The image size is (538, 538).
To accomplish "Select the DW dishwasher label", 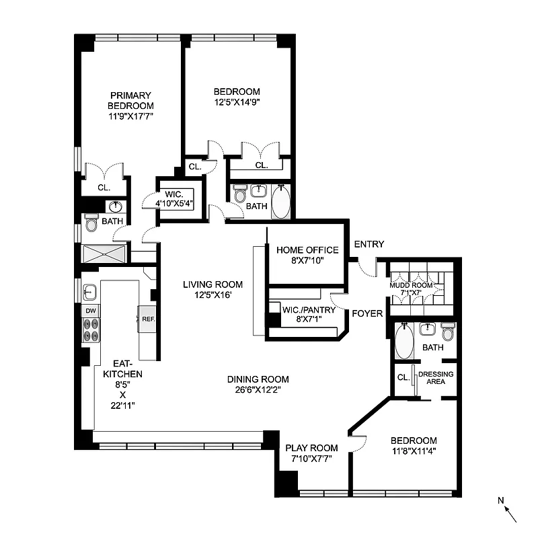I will pyautogui.click(x=89, y=311).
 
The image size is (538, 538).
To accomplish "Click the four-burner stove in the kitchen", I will pyautogui.click(x=91, y=330).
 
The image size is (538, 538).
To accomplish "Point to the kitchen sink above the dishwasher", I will pyautogui.click(x=90, y=293).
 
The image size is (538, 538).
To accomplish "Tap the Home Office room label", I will pyautogui.click(x=307, y=250).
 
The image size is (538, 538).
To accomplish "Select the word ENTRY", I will pyautogui.click(x=369, y=244).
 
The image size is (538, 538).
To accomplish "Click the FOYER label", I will pyautogui.click(x=367, y=313).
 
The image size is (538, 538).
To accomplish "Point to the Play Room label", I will pyautogui.click(x=311, y=449).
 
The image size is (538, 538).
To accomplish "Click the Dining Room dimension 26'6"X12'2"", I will pyautogui.click(x=258, y=389).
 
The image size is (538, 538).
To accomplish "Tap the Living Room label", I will pyautogui.click(x=213, y=284).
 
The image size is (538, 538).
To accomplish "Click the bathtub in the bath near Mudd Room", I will pyautogui.click(x=404, y=342).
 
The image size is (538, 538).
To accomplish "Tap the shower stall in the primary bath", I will pyautogui.click(x=104, y=253).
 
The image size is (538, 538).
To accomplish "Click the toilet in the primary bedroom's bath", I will pyautogui.click(x=91, y=223).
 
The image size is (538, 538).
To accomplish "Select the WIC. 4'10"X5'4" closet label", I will pyautogui.click(x=175, y=195).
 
